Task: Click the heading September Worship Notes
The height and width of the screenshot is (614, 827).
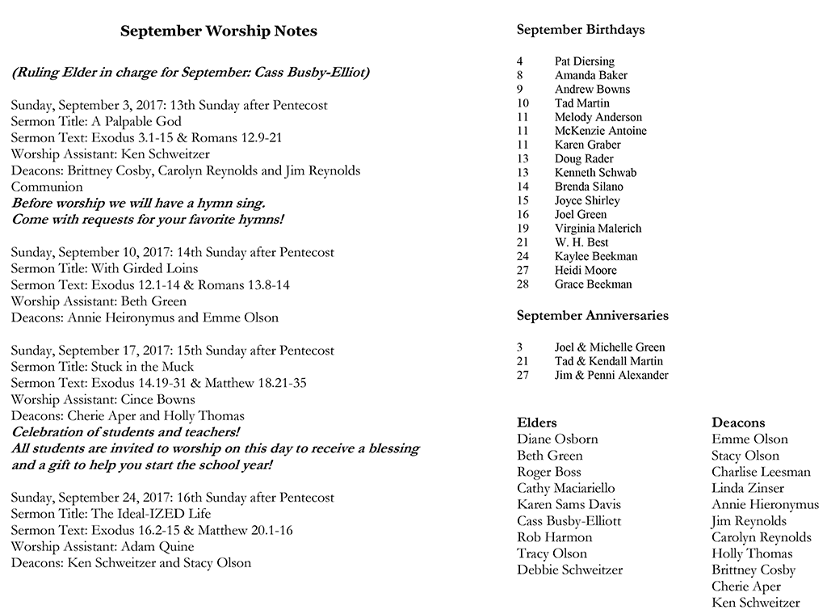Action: pyautogui.click(x=218, y=32)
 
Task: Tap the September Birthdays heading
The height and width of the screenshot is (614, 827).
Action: pyautogui.click(x=580, y=30)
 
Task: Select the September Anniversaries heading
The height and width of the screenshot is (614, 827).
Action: pyautogui.click(x=592, y=316)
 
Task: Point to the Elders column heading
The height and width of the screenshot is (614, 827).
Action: pyautogui.click(x=536, y=423)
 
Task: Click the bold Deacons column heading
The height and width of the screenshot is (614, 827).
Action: pyautogui.click(x=738, y=423)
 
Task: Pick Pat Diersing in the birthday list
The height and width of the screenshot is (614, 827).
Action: pyautogui.click(x=584, y=61)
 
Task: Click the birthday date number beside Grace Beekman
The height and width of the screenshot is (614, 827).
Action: pyautogui.click(x=521, y=284)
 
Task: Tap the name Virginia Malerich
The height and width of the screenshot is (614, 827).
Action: pyautogui.click(x=598, y=229)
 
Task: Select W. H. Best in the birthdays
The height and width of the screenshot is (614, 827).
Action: pyautogui.click(x=581, y=242)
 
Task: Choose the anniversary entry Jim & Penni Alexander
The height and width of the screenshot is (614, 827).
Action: pyautogui.click(x=611, y=375)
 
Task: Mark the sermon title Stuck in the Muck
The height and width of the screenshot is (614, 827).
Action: pyautogui.click(x=142, y=367)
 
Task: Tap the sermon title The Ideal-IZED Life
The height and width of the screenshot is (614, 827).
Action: pyautogui.click(x=152, y=514)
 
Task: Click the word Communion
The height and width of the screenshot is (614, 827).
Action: pyautogui.click(x=47, y=187)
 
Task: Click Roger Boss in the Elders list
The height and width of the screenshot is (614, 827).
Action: pyautogui.click(x=548, y=472)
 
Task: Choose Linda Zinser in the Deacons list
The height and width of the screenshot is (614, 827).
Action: pyautogui.click(x=748, y=488)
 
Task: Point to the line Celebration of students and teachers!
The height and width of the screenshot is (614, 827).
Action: pyautogui.click(x=125, y=432)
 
